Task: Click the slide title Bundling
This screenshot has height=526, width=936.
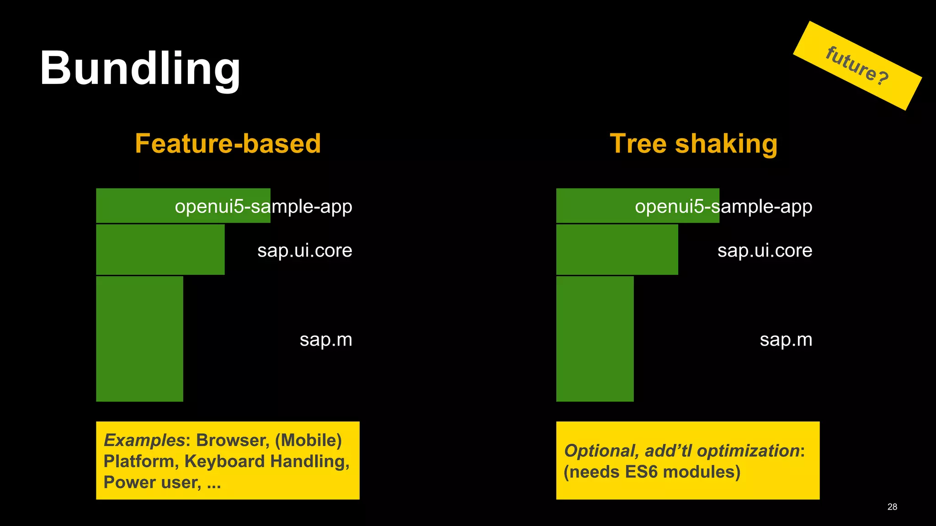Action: pos(140,68)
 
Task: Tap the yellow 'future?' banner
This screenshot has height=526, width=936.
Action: pos(857,66)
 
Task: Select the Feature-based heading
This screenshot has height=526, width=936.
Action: pos(228,143)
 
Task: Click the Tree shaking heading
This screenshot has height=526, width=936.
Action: pos(693,143)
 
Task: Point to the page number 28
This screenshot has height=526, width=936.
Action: pos(892,507)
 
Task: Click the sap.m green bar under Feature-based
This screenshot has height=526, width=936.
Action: pos(139,339)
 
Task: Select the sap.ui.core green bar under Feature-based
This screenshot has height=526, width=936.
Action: pos(160,249)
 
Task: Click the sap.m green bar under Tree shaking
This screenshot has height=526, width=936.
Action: pos(595,339)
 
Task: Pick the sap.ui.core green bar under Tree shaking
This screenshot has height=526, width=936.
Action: pos(617,249)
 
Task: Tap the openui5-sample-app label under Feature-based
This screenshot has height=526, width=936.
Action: pos(263,206)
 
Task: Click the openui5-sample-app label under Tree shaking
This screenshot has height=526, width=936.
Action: pos(723,206)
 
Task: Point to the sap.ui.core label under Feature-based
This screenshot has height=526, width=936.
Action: pos(304,250)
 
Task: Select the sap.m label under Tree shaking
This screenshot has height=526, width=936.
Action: pos(786,340)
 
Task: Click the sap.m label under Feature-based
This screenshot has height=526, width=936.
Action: pos(326,340)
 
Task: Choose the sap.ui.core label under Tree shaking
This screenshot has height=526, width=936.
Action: pos(765,250)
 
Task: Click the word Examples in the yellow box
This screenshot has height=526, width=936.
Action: pos(144,440)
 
